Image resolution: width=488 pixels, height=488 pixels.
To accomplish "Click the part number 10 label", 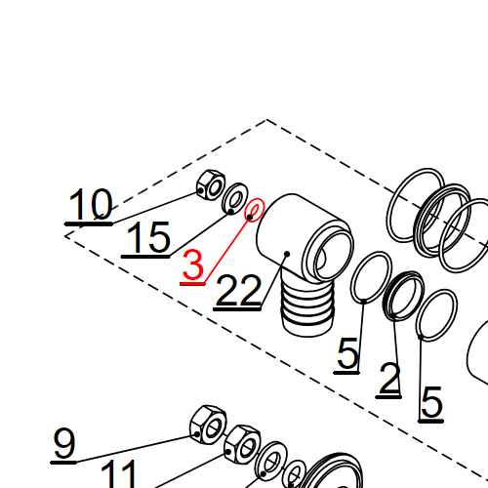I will point(91,206).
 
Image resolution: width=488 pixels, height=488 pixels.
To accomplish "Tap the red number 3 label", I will point(193,265).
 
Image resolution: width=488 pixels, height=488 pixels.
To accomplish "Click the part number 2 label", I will point(389,379).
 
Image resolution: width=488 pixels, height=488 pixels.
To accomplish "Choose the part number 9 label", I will point(64,445).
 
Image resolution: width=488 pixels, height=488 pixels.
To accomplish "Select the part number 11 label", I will point(120,474).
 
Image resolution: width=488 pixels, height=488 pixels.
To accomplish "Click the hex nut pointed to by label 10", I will point(208,183).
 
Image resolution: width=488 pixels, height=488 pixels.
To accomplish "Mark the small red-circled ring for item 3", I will point(254,211).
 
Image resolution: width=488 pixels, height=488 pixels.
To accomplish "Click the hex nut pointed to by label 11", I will point(241,445).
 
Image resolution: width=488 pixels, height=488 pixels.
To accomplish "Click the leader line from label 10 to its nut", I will point(156,200).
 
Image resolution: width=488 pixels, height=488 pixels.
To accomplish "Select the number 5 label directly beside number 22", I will point(348,355).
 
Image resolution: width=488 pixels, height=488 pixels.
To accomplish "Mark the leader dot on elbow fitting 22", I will point(286,256).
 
